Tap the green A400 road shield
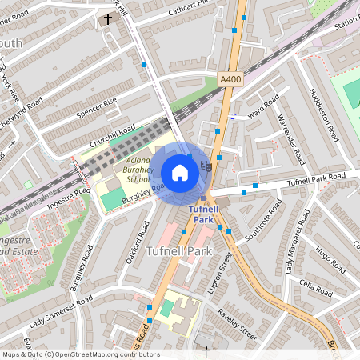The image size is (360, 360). [x=230, y=78]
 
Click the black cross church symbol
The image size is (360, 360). [x=108, y=18]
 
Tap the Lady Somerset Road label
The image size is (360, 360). [x=62, y=312]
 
